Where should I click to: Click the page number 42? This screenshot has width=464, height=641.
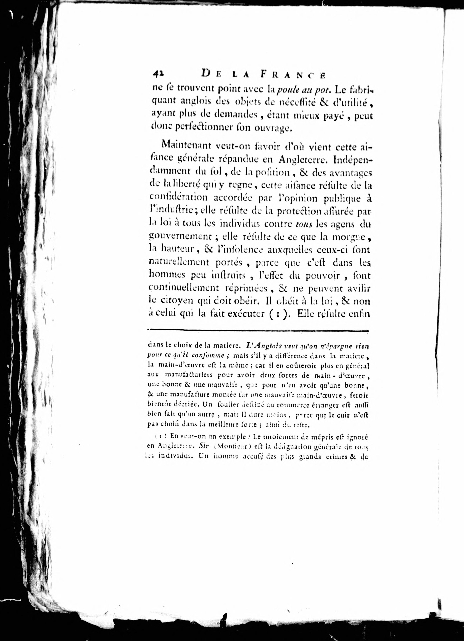158,74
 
